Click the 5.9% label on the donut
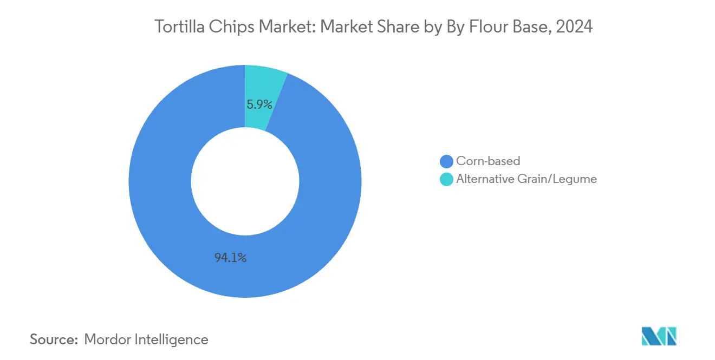tap(259, 104)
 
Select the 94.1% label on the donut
tap(230, 258)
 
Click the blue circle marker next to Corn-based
tap(446, 161)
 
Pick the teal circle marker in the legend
tap(446, 179)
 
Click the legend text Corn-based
tap(487, 161)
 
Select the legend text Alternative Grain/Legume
tap(526, 179)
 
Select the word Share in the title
tap(394, 27)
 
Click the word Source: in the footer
tap(54, 339)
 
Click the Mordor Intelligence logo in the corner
tap(659, 336)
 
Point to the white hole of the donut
tap(245, 181)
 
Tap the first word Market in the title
tap(281, 27)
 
